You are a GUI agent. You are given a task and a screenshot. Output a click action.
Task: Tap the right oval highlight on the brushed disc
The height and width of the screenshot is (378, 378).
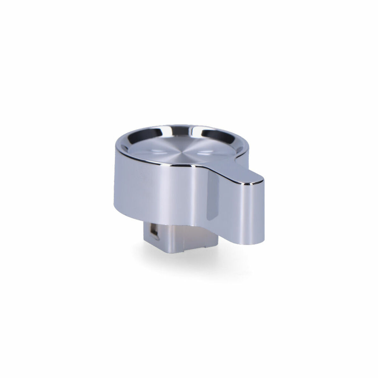206,153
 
